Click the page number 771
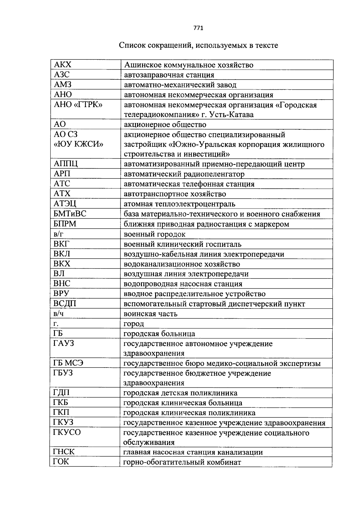pos(198,28)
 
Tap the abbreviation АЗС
pos(62,75)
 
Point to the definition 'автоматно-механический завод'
pos(180,85)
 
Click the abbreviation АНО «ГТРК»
pos(78,105)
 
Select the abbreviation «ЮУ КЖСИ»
pos(78,144)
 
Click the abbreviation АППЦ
pos(66,164)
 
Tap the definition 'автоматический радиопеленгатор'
pos(184,174)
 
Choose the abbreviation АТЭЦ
pos(65,204)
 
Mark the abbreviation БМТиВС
pos(70,214)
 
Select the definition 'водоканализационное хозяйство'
pos(182,264)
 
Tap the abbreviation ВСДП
pos(65,304)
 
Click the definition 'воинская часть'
pos(150,314)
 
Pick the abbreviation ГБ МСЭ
pos(68,363)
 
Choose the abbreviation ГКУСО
pos(67,432)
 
